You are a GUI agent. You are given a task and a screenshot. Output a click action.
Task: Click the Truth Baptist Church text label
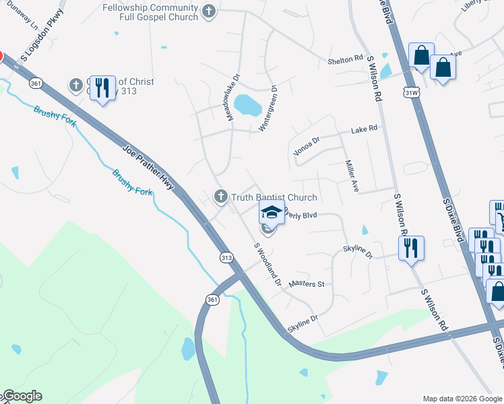[274, 197]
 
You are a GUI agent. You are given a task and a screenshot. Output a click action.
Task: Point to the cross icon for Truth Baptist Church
[220, 197]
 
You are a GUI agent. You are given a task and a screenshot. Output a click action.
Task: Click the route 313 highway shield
[226, 258]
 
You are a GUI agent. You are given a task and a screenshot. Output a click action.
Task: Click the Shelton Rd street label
[345, 60]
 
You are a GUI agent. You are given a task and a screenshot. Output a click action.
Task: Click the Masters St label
[306, 284]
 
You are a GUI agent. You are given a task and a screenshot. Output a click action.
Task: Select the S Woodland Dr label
[267, 265]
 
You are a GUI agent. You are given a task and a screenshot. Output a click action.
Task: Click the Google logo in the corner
[22, 396]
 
